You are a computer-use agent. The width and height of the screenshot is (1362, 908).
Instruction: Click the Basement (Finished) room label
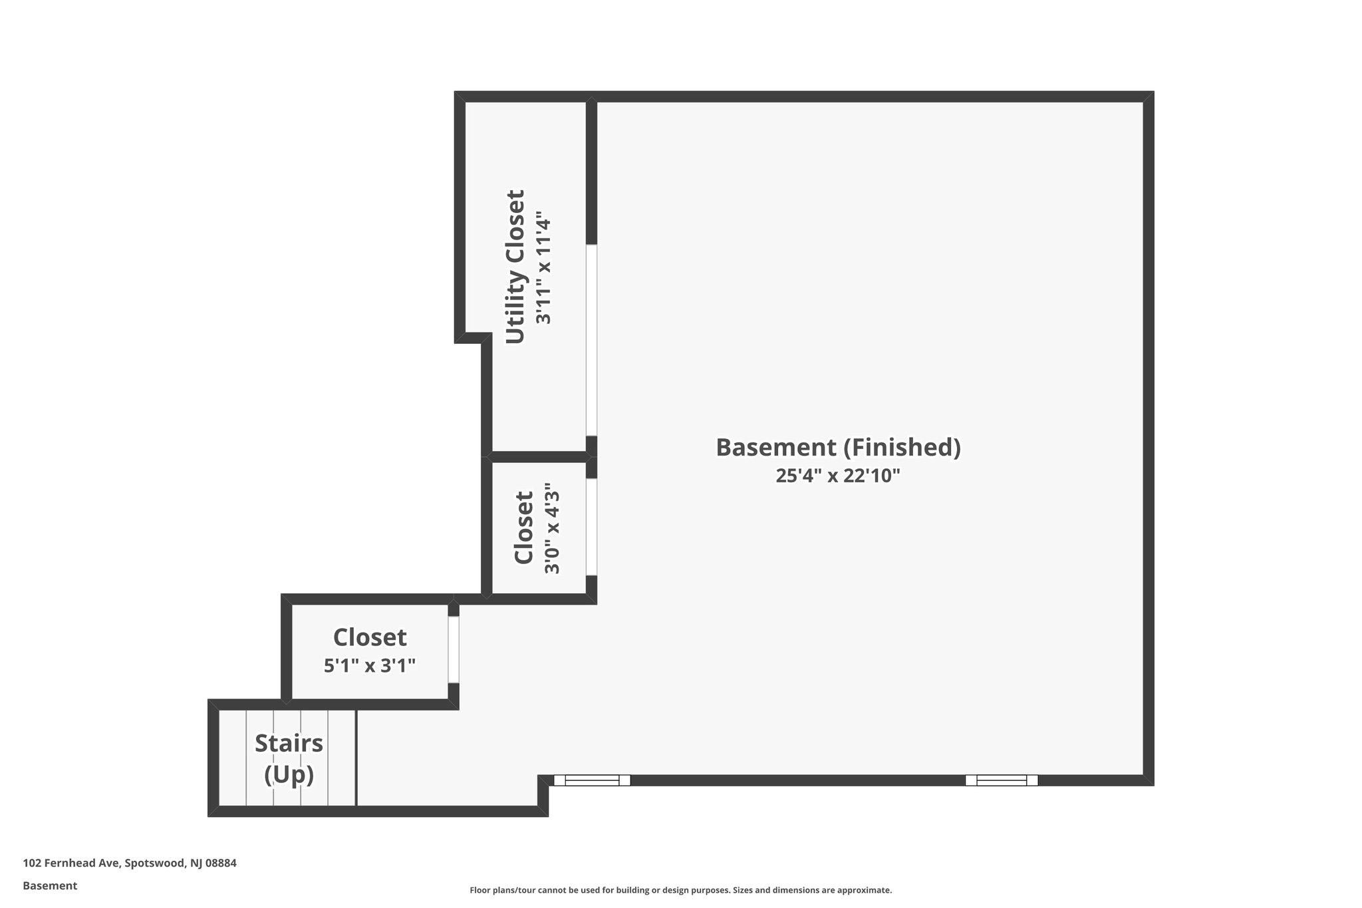click(838, 447)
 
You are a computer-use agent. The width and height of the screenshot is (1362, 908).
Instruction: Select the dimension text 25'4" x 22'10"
click(838, 476)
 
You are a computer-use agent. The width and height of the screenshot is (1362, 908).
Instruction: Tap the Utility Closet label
click(515, 267)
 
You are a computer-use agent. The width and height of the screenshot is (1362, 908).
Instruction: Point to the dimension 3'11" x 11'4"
click(544, 271)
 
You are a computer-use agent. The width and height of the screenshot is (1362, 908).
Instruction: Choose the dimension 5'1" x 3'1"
click(370, 665)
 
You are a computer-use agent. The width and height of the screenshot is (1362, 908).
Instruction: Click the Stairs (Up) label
click(289, 758)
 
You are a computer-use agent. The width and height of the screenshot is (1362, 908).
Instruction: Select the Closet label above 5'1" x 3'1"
click(370, 637)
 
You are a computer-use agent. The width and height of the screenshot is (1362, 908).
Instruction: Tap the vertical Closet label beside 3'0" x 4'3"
click(524, 528)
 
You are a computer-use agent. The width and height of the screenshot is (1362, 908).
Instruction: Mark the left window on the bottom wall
click(592, 780)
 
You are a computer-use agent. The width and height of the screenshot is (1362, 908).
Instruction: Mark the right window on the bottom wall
click(1002, 780)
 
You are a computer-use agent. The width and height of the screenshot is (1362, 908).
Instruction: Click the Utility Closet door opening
click(591, 340)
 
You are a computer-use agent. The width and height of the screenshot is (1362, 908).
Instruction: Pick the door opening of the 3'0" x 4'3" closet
click(591, 527)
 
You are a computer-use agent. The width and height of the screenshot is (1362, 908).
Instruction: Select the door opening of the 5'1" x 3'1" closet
click(454, 650)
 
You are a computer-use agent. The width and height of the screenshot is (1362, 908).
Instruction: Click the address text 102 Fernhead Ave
click(71, 863)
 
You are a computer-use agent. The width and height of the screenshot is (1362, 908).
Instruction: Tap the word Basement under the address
click(50, 885)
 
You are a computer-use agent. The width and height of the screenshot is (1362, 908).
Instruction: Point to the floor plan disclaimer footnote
click(680, 890)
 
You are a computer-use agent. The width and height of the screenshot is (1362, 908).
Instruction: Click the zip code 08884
click(221, 863)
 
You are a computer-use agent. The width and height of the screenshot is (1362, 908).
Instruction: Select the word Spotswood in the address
click(154, 863)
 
